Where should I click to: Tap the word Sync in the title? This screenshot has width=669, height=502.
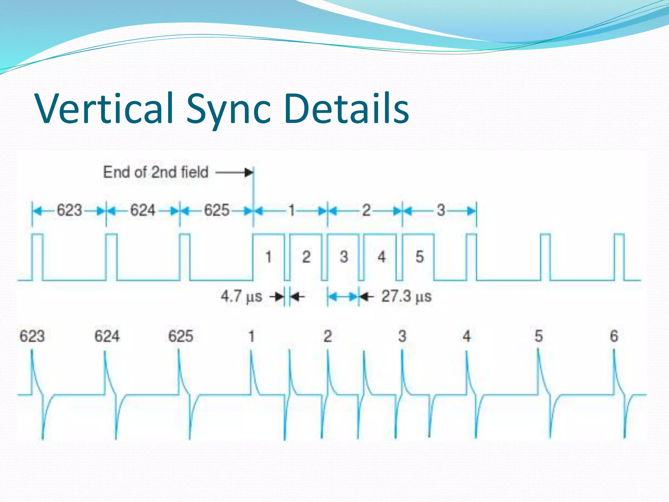[x=228, y=109]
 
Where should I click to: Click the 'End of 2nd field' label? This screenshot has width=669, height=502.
[x=156, y=172]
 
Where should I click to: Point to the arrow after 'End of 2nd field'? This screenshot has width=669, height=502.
[x=235, y=172]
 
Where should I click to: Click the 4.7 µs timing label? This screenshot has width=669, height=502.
[x=241, y=296]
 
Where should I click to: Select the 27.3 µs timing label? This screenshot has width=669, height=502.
[x=406, y=296]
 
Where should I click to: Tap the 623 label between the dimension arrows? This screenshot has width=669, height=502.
[x=69, y=210]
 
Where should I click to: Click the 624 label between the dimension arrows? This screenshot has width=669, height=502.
[x=143, y=210]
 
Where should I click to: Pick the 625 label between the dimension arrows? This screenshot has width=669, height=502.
[x=217, y=210]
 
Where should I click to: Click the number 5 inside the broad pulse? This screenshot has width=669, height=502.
[x=419, y=257]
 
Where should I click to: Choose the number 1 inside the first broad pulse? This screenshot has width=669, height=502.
[x=269, y=257]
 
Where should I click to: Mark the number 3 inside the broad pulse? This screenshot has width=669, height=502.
[x=344, y=257]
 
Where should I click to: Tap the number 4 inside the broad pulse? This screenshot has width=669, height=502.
[x=382, y=257]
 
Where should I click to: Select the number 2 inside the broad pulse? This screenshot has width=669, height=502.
[x=306, y=257]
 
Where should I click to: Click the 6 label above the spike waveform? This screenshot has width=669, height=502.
[x=614, y=336]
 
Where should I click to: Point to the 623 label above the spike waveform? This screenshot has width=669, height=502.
[x=32, y=336]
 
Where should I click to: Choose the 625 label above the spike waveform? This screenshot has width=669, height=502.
[x=181, y=336]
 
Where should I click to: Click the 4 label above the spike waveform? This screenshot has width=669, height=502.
[x=466, y=336]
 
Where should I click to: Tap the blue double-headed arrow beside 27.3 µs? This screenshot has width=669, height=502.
[x=343, y=297]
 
